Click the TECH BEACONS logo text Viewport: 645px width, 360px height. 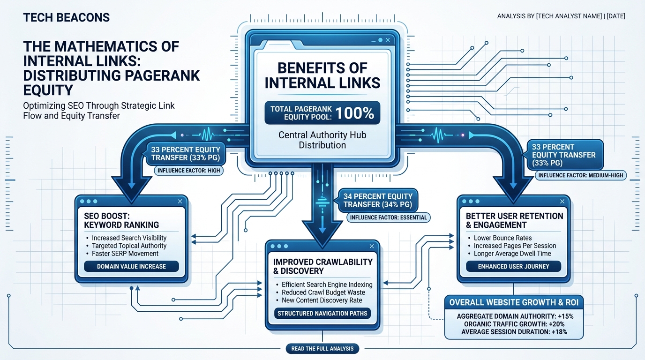coord(66,18)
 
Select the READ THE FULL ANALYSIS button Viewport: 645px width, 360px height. coord(322,349)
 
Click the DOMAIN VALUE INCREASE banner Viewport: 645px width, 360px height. coord(131,266)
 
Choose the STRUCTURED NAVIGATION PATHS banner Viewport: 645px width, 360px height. coord(322,314)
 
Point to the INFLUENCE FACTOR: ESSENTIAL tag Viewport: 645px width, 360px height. coord(388,217)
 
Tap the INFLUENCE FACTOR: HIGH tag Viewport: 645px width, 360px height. coord(188,171)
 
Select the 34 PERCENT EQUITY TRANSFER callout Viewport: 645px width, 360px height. coord(378,201)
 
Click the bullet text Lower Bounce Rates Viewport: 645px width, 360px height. coord(502,238)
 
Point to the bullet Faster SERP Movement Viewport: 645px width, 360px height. coord(125,254)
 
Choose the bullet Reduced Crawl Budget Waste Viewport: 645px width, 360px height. coord(323,292)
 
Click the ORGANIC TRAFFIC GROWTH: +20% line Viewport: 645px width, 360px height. coord(514,324)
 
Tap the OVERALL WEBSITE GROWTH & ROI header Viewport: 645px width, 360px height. coord(514,302)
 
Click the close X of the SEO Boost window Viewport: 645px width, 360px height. coord(180,201)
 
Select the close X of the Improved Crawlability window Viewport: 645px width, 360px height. coord(372,246)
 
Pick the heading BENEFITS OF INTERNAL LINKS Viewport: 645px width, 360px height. coord(322,75)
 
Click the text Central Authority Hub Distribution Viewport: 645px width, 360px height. coord(322,140)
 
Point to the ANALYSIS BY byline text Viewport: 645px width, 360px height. coord(561,16)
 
